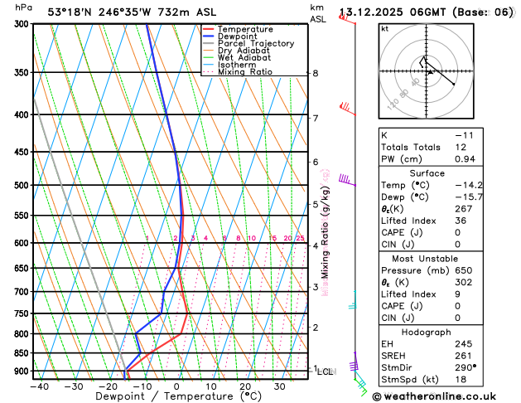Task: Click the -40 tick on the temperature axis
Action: point(39,386)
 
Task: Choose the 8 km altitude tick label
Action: point(315,73)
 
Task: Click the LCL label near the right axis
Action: point(325,372)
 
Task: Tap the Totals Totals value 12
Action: point(461,147)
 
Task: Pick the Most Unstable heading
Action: point(427,258)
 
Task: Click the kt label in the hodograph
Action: point(384,28)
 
